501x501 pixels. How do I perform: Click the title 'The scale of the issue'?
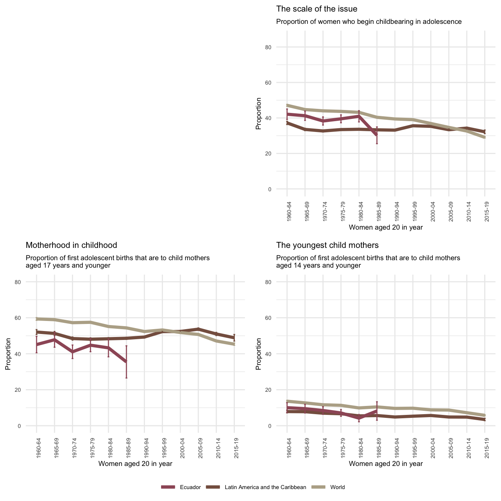point(316,9)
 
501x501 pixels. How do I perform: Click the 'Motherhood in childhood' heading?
point(71,245)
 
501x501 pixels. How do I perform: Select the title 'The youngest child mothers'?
point(327,245)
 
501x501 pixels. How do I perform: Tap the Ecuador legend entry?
point(190,487)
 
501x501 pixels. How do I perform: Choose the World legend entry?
point(337,487)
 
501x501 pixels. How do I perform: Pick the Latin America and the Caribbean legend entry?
point(265,487)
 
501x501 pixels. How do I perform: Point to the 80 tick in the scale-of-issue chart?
point(279,47)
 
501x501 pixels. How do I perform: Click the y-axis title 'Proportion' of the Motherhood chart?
point(8,354)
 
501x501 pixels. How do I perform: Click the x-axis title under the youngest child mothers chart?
point(386,464)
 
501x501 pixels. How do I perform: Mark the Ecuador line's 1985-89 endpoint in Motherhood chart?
point(126,361)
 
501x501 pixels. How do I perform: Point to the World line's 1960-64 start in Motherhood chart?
point(37,319)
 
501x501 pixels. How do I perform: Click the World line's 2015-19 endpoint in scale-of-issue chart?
point(485,137)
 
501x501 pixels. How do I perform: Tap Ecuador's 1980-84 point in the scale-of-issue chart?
point(359,116)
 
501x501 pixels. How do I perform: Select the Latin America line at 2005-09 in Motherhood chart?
point(198,329)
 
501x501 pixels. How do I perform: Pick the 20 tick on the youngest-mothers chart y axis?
point(279,390)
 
